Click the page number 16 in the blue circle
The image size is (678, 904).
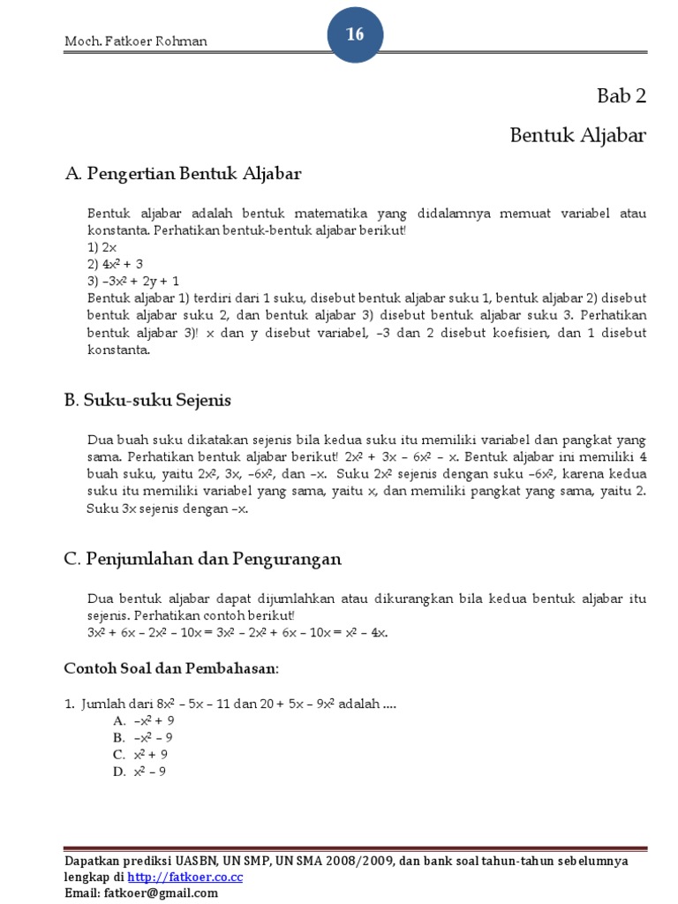click(355, 34)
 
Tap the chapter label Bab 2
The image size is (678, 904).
click(621, 96)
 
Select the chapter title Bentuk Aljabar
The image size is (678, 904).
click(578, 135)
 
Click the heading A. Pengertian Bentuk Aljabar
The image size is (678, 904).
click(184, 174)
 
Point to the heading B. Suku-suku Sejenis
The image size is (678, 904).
click(148, 400)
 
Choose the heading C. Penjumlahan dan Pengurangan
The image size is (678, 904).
click(203, 559)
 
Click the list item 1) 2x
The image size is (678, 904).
click(102, 247)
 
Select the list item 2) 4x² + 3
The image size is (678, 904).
click(115, 263)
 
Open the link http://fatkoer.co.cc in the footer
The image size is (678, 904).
click(185, 877)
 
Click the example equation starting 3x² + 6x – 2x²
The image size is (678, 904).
click(237, 632)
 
